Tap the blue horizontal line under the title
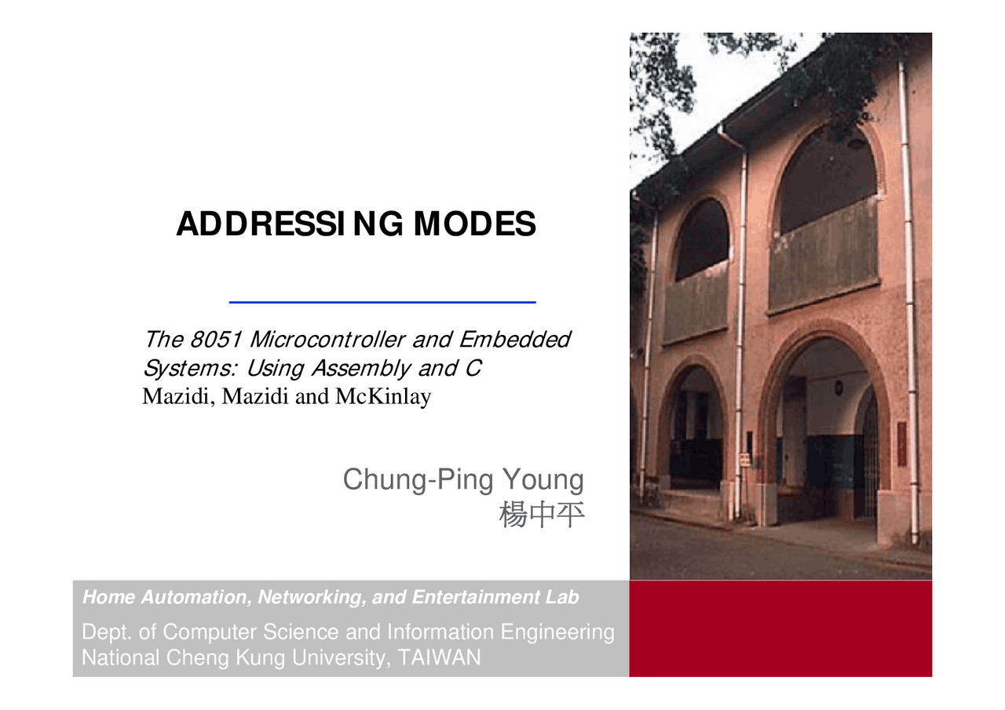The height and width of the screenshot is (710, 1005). [382, 302]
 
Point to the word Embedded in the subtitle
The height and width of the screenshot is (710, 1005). [514, 340]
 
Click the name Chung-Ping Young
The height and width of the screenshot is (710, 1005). [463, 479]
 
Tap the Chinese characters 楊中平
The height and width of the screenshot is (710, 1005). [542, 515]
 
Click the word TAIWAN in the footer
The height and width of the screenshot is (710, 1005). [439, 657]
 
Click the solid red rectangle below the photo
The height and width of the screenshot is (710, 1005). [780, 628]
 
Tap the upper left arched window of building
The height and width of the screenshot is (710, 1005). [700, 239]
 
